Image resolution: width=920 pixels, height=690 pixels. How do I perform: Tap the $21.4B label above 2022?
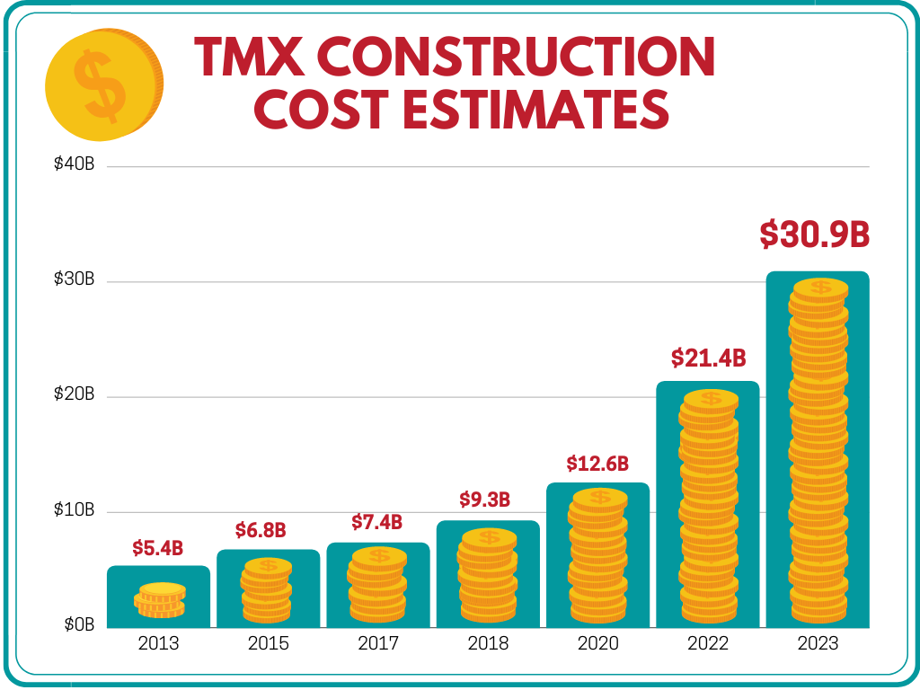click(709, 358)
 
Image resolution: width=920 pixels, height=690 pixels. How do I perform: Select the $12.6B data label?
click(597, 464)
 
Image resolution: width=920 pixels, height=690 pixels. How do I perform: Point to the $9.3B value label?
click(485, 499)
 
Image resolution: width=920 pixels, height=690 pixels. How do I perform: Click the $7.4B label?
click(376, 522)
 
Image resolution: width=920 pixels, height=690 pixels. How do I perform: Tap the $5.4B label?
click(158, 547)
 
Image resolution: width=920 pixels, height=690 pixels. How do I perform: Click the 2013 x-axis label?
click(158, 643)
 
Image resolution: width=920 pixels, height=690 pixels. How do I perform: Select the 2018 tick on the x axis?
click(488, 643)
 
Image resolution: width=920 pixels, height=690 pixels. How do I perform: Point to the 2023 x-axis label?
click(818, 643)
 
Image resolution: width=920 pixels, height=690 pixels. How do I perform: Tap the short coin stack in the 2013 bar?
click(161, 600)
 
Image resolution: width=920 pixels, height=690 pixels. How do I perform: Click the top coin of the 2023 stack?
click(820, 287)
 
